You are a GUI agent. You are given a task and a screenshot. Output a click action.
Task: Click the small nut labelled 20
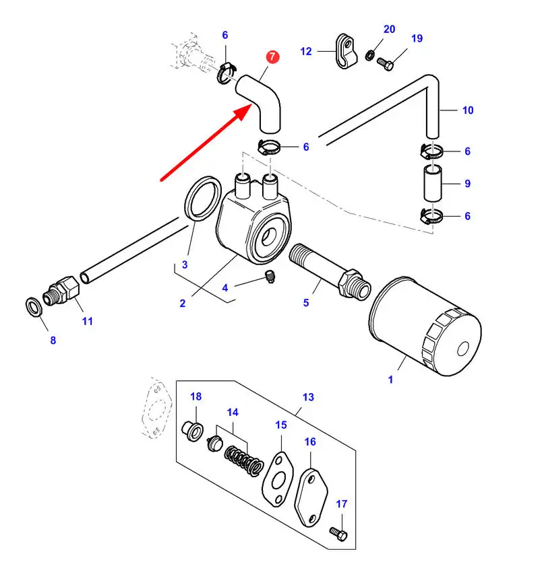point(371,54)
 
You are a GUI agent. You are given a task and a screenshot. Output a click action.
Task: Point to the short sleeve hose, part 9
point(432,182)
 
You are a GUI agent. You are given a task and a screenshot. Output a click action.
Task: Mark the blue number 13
point(308,397)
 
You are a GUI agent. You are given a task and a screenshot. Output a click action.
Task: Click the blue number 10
point(467,110)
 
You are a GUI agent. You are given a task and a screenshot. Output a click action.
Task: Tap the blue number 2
point(182,304)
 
